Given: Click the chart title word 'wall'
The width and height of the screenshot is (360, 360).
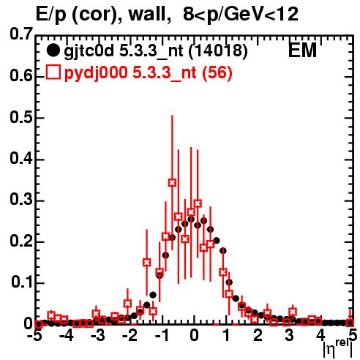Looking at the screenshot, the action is click(148, 14).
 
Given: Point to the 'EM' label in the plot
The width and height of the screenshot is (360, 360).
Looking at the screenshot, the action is click(302, 50).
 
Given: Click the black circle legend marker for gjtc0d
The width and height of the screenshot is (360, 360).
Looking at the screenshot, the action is click(53, 50).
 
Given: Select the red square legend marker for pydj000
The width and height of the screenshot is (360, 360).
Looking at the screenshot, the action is click(53, 72).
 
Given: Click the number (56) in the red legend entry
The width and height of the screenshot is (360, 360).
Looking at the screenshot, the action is click(217, 72).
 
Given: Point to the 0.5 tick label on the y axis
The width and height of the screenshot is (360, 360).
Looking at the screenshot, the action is click(21, 117).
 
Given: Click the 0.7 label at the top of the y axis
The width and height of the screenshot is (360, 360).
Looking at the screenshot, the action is click(21, 34).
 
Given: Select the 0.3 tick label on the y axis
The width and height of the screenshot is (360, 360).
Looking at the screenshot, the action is click(21, 200).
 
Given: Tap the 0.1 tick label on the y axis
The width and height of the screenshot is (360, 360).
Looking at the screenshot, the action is click(22, 282).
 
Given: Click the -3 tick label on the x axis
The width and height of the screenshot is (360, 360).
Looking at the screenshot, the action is click(97, 335).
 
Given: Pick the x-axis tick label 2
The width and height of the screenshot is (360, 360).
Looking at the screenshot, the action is click(258, 335).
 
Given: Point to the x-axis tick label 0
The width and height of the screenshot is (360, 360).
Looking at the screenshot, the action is click(194, 335).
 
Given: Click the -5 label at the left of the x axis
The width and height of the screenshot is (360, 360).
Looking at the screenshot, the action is click(34, 335).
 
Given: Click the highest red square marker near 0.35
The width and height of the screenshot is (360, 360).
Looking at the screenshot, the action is click(172, 182).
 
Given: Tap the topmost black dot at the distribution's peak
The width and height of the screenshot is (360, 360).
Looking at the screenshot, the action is click(191, 220).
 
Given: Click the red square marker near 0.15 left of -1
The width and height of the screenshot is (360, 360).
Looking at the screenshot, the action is click(146, 263).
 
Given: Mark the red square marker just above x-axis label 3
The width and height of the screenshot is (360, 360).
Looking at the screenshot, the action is click(293, 312).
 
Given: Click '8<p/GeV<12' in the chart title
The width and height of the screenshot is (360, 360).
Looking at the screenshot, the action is click(241, 15).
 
